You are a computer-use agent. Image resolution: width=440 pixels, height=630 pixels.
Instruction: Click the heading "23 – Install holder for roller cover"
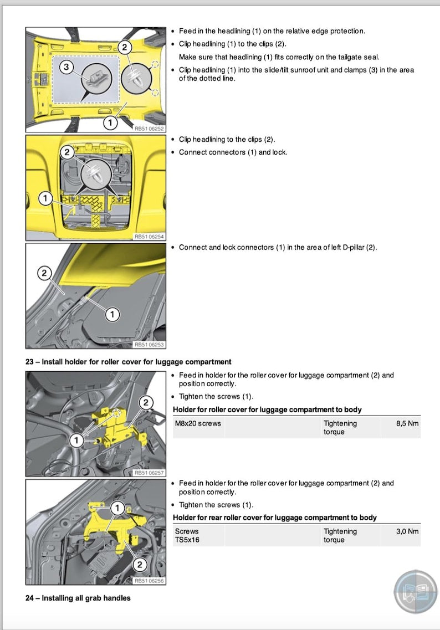click(x=128, y=362)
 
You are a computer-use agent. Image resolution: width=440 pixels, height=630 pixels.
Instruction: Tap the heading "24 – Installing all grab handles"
click(x=78, y=598)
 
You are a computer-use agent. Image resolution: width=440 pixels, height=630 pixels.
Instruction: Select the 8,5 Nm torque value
click(x=407, y=423)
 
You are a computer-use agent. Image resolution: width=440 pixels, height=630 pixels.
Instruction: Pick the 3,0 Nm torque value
click(x=407, y=531)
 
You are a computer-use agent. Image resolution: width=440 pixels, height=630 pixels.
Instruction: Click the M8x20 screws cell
click(x=198, y=423)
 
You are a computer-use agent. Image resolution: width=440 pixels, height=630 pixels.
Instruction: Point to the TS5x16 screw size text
click(x=187, y=540)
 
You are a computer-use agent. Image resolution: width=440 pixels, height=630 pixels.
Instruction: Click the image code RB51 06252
click(x=150, y=129)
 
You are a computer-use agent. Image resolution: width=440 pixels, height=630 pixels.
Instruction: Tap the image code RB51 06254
click(x=150, y=237)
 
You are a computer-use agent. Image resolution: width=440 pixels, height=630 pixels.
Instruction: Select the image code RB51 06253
click(x=150, y=345)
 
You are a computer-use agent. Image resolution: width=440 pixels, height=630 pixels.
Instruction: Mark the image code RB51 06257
click(x=150, y=473)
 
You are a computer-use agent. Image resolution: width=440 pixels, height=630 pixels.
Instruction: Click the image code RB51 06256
click(x=150, y=581)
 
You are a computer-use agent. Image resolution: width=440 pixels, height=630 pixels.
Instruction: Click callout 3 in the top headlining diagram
click(x=66, y=67)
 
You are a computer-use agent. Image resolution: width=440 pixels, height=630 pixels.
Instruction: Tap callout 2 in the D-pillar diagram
click(x=44, y=273)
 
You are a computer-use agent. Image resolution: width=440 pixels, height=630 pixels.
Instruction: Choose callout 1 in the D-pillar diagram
click(x=112, y=315)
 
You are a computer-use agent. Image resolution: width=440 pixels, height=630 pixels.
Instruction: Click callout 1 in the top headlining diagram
click(x=110, y=121)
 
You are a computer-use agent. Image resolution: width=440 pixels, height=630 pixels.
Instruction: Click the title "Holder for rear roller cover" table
click(x=275, y=518)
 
